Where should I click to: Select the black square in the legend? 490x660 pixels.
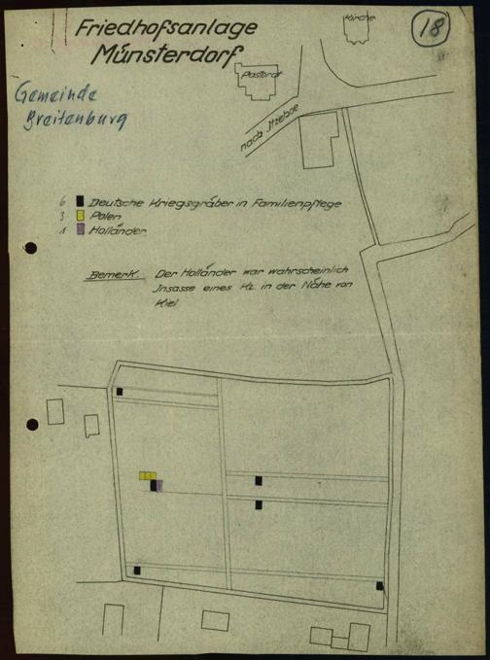(x=80, y=200)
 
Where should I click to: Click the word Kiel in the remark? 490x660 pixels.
(x=163, y=303)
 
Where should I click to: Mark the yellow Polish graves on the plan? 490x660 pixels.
(x=147, y=476)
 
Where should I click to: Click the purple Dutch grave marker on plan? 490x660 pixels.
(x=159, y=484)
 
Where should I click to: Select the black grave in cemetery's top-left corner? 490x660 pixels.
(x=120, y=392)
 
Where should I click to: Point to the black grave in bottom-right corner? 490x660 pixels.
(x=379, y=586)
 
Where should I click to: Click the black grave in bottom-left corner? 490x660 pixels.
(x=137, y=570)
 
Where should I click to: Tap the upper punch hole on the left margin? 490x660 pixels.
(x=31, y=248)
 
